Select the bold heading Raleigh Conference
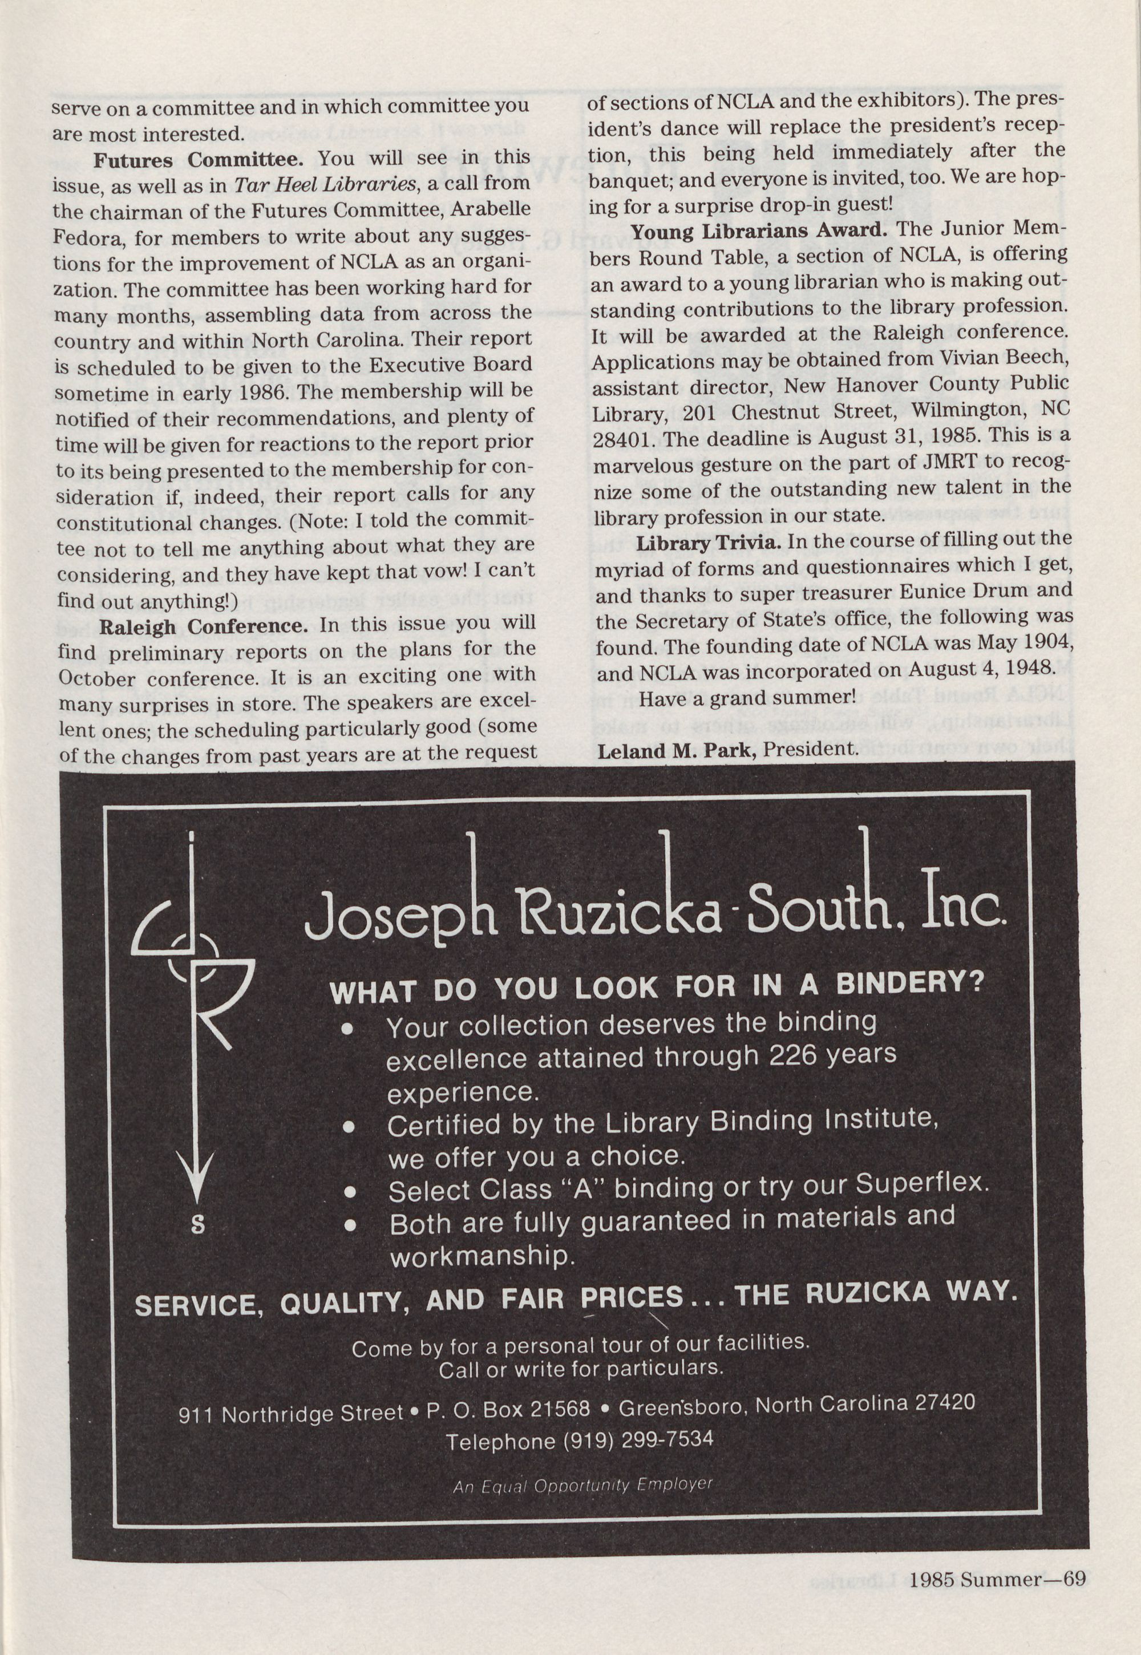pyautogui.click(x=203, y=626)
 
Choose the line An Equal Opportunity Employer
pyautogui.click(x=582, y=1486)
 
